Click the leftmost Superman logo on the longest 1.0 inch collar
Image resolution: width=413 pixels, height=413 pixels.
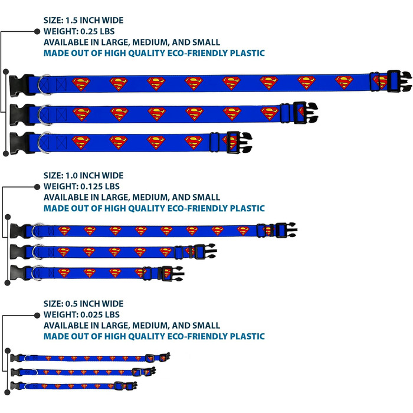64,231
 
